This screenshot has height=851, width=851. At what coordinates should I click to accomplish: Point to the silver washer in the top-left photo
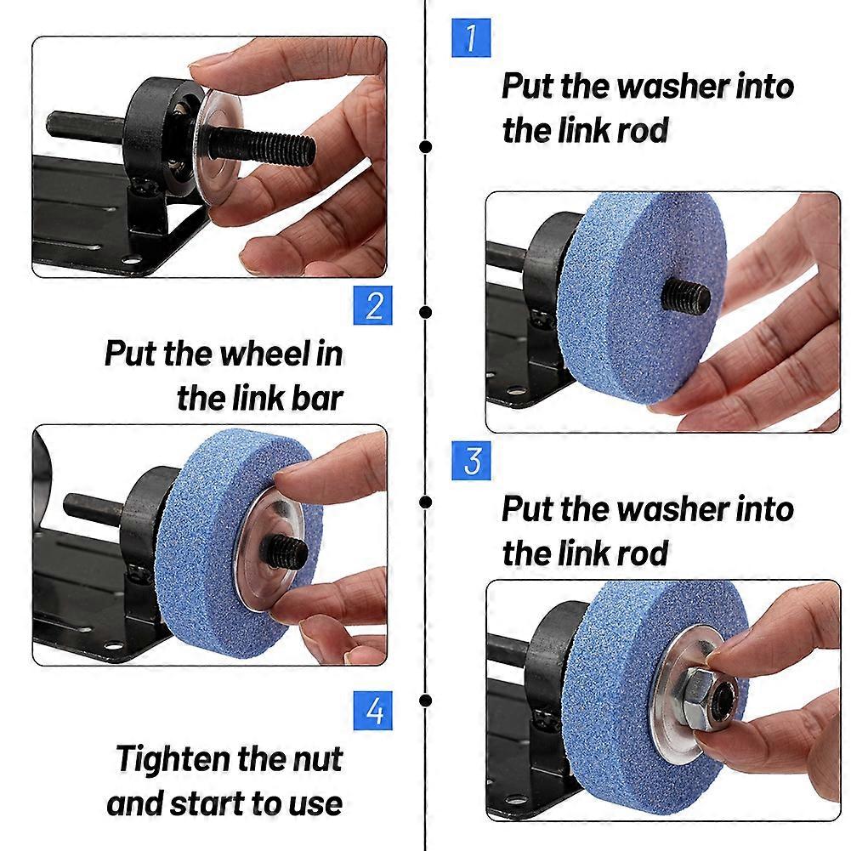(218, 150)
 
